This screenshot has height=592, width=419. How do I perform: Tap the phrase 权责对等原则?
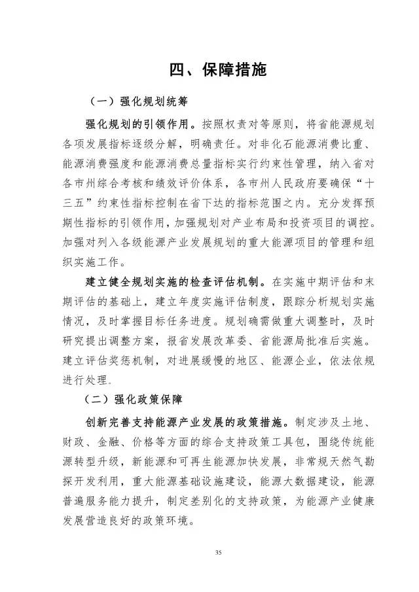253,122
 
